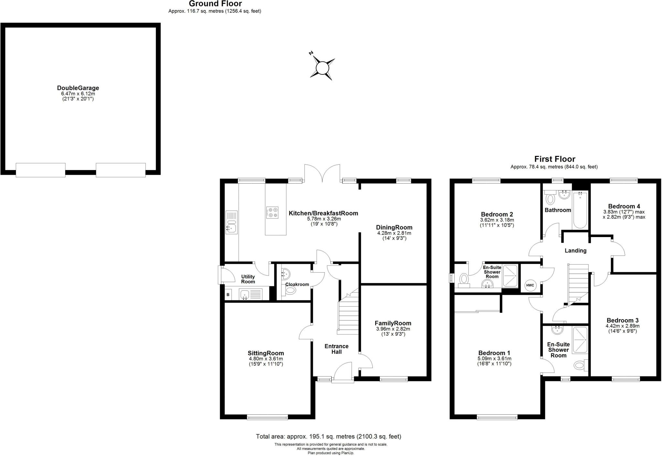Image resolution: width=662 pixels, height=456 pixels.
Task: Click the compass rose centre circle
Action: [x=322, y=69]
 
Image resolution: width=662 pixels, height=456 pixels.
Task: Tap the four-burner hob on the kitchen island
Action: [x=272, y=212]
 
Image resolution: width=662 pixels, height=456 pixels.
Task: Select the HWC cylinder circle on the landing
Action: [x=530, y=285]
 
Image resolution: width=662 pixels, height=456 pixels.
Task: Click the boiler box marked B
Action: [x=228, y=295]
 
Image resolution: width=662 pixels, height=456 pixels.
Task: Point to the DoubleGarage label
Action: [x=78, y=88]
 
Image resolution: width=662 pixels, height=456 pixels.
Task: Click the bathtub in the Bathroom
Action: [x=580, y=209]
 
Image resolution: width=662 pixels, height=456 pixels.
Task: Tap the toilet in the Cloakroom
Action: [x=290, y=290]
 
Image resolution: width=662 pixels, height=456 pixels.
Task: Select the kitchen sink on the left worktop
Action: [x=231, y=222]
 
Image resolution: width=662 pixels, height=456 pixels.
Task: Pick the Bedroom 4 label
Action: [x=624, y=206]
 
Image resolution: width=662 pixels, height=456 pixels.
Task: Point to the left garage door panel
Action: [x=40, y=170]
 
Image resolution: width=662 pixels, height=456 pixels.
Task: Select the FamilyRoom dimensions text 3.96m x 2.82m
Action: [x=393, y=329]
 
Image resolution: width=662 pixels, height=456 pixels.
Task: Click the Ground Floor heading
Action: [x=215, y=4]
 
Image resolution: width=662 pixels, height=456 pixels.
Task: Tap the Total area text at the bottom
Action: [x=328, y=436]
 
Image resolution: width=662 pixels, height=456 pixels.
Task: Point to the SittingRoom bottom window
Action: [x=267, y=418]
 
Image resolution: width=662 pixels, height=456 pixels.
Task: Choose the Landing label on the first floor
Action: [x=575, y=251]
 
